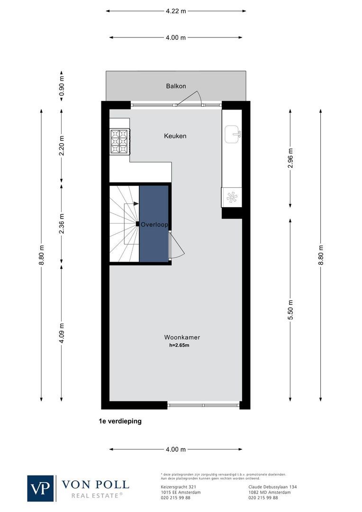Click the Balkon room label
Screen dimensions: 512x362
176,86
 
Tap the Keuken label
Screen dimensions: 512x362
175,136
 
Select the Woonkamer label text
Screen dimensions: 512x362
182,338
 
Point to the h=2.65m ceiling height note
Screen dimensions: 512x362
179,346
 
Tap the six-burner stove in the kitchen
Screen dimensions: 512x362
119,141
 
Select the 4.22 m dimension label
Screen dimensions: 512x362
176,11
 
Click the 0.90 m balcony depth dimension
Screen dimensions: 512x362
61,86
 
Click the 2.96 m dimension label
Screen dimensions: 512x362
290,158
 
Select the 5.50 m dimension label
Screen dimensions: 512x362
290,309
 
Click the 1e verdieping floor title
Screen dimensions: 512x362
120,421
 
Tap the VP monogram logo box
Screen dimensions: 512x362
41,488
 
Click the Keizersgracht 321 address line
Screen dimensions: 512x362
179,487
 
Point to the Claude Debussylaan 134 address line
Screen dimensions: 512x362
272,487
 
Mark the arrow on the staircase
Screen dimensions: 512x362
136,203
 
